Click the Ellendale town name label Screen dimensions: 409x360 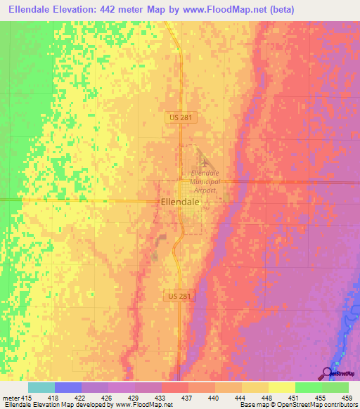click(x=179, y=201)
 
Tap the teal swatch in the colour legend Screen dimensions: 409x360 click(x=41, y=387)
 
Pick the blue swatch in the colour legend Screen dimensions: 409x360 click(x=68, y=387)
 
